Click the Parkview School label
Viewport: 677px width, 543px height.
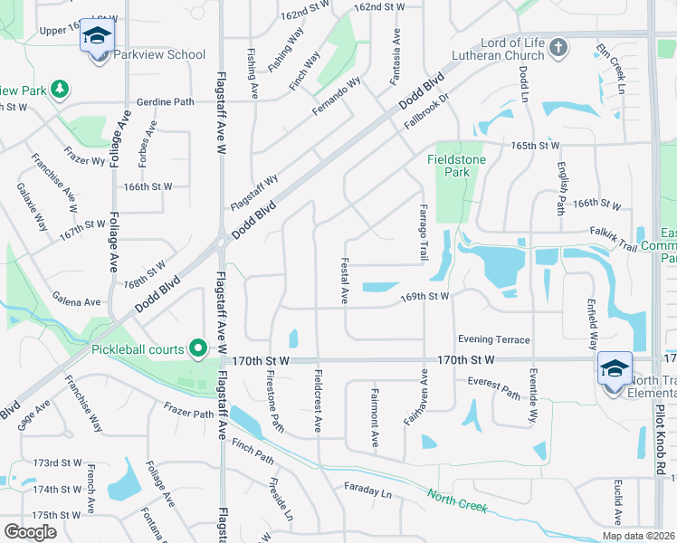click(x=159, y=55)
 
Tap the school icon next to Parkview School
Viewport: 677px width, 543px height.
click(x=97, y=37)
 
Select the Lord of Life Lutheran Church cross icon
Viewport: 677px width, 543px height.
click(x=558, y=46)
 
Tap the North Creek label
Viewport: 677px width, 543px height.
click(x=457, y=501)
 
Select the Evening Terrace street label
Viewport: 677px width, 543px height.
click(x=493, y=339)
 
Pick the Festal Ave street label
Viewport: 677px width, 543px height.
click(x=345, y=282)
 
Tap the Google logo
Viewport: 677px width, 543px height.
click(x=30, y=532)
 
